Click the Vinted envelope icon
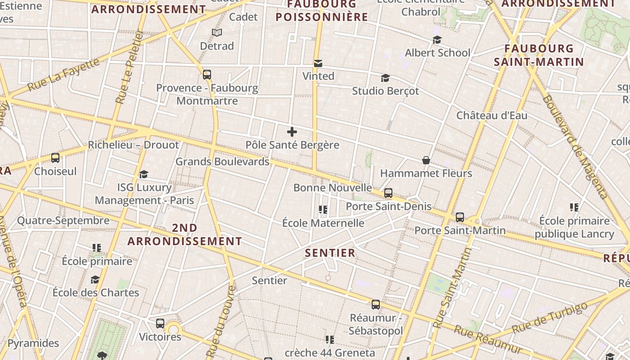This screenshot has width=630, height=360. click(x=318, y=63)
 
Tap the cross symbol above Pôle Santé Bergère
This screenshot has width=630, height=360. click(x=292, y=132)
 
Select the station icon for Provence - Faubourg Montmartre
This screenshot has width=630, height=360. click(x=207, y=75)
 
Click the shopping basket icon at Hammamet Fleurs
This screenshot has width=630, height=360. click(x=426, y=160)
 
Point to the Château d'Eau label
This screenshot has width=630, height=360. click(x=492, y=115)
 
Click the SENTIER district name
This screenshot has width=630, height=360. click(x=330, y=253)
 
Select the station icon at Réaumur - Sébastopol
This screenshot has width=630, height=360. click(x=376, y=305)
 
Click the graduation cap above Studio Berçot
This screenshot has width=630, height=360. click(x=385, y=78)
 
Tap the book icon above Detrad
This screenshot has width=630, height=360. click(x=217, y=32)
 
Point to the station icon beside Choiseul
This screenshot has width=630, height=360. click(x=55, y=158)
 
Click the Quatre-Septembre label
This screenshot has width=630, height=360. click(x=63, y=220)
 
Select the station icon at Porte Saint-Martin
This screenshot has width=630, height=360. click(x=460, y=217)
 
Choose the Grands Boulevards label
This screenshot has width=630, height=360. click(x=222, y=162)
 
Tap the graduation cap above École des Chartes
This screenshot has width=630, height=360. click(x=95, y=280)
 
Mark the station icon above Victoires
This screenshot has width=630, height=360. click(x=160, y=324)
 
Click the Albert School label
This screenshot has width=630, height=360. click(x=437, y=53)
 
